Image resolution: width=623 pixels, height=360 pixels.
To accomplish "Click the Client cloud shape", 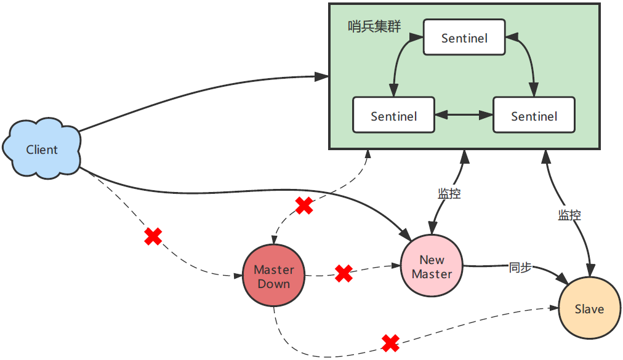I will (x=42, y=150).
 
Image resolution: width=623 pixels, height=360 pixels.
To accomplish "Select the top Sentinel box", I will (x=464, y=38).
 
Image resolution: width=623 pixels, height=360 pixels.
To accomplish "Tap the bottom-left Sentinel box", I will (x=393, y=116).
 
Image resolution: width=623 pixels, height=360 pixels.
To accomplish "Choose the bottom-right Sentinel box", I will (x=534, y=116).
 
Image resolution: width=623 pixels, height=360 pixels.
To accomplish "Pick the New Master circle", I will (x=432, y=266).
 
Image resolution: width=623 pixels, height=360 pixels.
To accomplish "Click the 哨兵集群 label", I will (x=374, y=26).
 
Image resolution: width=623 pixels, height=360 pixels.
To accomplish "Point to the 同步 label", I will (x=520, y=268).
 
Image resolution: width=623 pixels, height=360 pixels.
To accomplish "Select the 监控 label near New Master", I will (x=449, y=193).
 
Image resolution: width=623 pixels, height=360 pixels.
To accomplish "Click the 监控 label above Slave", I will (x=569, y=215).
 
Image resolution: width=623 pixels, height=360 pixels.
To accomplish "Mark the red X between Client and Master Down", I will (x=153, y=236).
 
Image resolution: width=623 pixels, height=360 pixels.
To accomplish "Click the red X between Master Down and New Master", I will (x=344, y=273).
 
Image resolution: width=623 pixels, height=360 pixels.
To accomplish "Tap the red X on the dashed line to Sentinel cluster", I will (x=304, y=206).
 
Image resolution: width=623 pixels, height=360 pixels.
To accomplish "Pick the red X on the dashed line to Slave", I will (x=390, y=343).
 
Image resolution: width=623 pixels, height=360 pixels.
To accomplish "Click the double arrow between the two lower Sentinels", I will (x=464, y=115).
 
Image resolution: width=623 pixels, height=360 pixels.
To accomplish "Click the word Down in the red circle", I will (x=274, y=284).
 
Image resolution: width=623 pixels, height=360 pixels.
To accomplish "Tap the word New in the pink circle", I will (x=432, y=260).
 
